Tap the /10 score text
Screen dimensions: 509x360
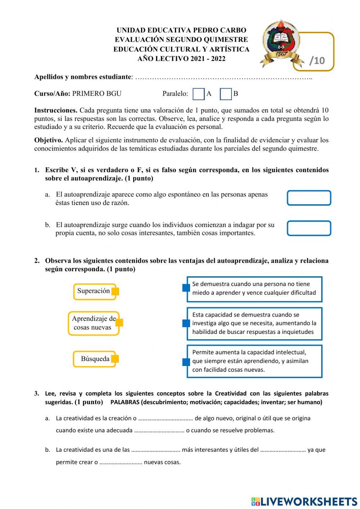click(x=317, y=61)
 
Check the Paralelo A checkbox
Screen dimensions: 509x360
click(x=199, y=94)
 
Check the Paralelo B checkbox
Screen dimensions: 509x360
click(x=226, y=94)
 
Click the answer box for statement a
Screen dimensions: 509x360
click(x=309, y=198)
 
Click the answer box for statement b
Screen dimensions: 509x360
click(x=309, y=228)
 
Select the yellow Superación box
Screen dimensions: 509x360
click(x=94, y=291)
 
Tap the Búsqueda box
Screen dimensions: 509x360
click(x=94, y=359)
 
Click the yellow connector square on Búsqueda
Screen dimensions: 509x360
click(x=115, y=359)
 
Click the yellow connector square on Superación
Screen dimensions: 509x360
click(x=115, y=291)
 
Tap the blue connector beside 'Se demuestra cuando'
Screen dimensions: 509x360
click(x=186, y=287)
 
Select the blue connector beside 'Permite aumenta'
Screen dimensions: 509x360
click(x=186, y=362)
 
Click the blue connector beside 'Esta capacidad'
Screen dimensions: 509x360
click(x=186, y=323)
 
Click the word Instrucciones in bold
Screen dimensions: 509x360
click(x=56, y=110)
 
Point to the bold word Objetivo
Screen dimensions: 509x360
click(x=49, y=140)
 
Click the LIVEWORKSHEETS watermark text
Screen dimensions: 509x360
click(x=309, y=501)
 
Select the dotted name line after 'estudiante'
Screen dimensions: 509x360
click(x=223, y=77)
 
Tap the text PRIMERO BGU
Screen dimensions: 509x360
click(x=97, y=94)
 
